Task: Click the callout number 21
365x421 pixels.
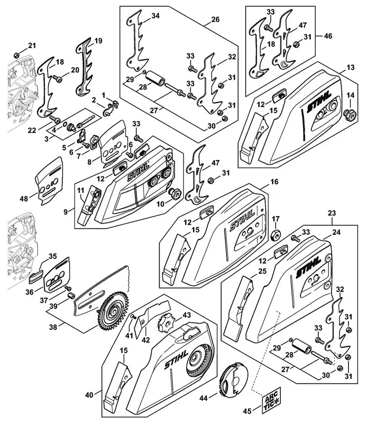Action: pos(32,47)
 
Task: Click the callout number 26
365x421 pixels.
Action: pos(215,21)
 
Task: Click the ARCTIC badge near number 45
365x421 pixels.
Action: pos(271,402)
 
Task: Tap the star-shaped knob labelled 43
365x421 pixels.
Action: pos(166,321)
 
